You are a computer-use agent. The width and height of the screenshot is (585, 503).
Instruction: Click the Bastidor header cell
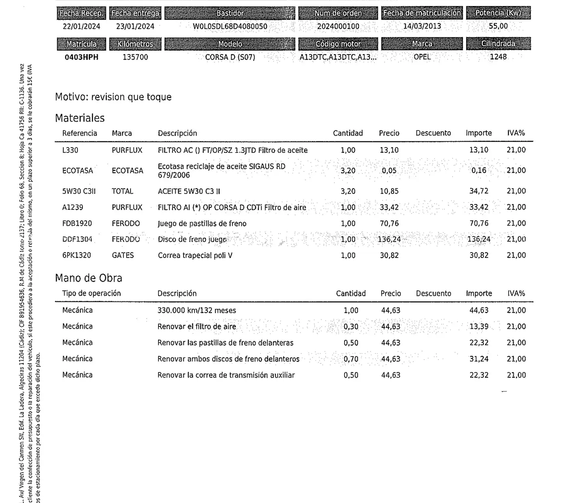click(x=230, y=13)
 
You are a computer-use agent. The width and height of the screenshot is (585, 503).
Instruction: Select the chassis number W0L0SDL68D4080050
click(x=230, y=26)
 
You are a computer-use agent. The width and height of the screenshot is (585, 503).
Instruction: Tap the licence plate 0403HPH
click(x=82, y=57)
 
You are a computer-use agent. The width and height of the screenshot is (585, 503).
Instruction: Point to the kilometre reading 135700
click(x=135, y=57)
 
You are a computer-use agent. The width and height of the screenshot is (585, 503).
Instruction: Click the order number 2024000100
click(x=338, y=26)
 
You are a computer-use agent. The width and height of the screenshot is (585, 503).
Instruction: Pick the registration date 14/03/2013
click(x=422, y=26)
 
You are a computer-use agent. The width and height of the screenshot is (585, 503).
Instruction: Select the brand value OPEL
click(x=422, y=57)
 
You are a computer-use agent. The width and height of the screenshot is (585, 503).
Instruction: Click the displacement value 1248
click(x=498, y=57)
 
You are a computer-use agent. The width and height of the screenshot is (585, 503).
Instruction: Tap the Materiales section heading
click(x=80, y=118)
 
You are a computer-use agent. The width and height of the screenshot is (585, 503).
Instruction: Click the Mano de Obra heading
click(x=89, y=278)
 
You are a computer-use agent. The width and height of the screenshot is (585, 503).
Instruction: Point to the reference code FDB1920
click(x=77, y=223)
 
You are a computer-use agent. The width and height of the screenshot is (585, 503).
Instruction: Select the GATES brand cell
click(x=123, y=255)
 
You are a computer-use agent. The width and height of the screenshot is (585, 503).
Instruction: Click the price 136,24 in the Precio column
click(x=389, y=239)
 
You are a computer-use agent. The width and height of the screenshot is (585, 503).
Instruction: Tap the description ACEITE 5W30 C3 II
click(x=189, y=191)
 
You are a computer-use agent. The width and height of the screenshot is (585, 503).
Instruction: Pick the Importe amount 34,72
click(x=479, y=191)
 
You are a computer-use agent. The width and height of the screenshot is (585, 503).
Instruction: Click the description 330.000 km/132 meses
click(x=197, y=310)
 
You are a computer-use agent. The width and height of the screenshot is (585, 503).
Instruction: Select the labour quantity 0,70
click(x=351, y=359)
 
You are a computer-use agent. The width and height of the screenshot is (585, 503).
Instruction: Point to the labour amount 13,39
click(x=479, y=326)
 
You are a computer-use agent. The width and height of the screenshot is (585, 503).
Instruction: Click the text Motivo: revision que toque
click(x=113, y=97)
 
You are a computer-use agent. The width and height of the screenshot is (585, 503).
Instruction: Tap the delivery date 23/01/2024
click(x=135, y=26)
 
